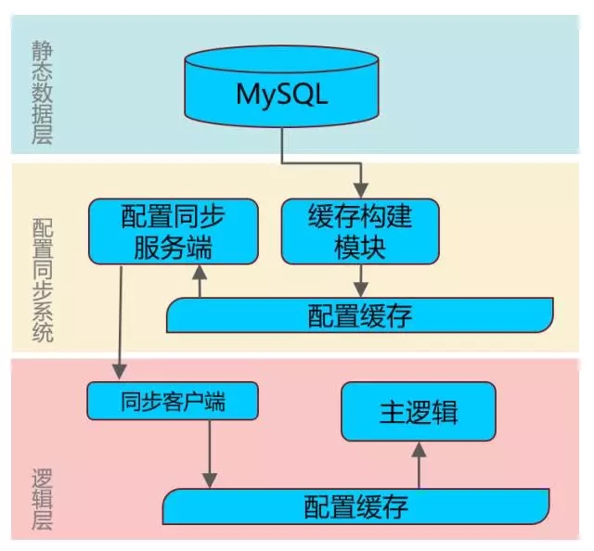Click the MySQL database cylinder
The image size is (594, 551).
click(281, 88)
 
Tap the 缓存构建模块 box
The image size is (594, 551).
click(359, 231)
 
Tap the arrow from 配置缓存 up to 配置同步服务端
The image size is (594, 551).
click(198, 282)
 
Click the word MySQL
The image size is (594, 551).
click(281, 95)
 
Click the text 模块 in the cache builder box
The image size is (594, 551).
click(359, 248)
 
